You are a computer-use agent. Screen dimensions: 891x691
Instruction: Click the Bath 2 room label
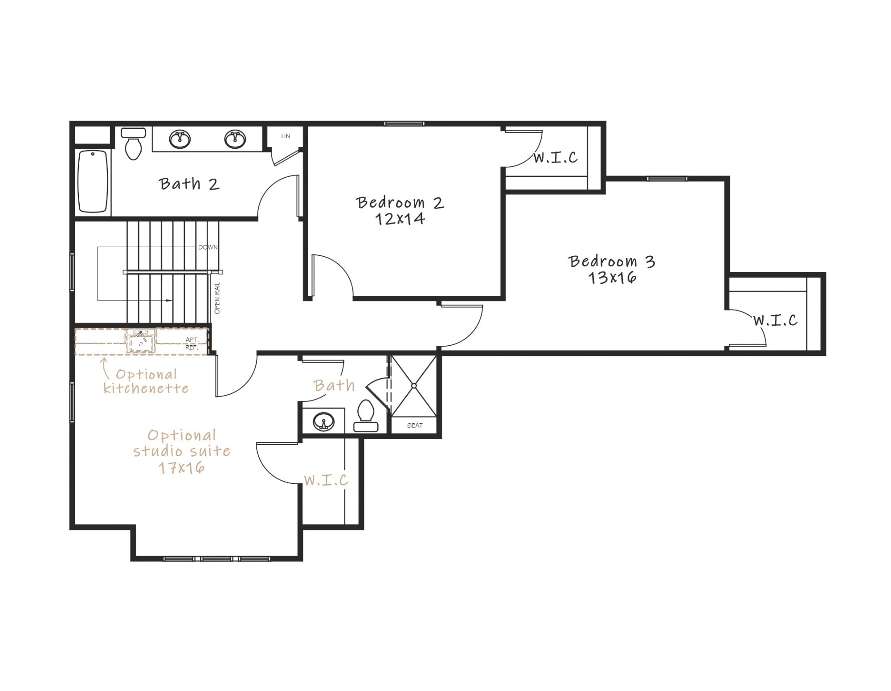pyautogui.click(x=189, y=184)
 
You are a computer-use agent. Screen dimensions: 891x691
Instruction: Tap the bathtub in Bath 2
pyautogui.click(x=93, y=181)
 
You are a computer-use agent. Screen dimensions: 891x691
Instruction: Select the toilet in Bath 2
pyautogui.click(x=134, y=144)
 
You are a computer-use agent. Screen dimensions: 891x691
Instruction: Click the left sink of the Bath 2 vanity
pyautogui.click(x=180, y=139)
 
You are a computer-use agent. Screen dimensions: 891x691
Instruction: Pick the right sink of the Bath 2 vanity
pyautogui.click(x=235, y=139)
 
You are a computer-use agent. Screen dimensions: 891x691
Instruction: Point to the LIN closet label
pyautogui.click(x=286, y=136)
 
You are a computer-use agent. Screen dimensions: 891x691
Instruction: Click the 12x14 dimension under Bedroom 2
pyautogui.click(x=400, y=219)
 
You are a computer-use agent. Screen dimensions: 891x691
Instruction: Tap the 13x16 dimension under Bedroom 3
pyautogui.click(x=612, y=278)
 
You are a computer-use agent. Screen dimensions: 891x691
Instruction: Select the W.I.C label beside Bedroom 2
pyautogui.click(x=556, y=157)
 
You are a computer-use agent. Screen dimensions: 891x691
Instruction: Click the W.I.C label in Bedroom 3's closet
pyautogui.click(x=776, y=320)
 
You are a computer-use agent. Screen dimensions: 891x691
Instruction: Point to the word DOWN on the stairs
pyautogui.click(x=208, y=247)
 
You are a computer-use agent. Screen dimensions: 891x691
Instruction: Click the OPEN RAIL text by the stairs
pyautogui.click(x=217, y=298)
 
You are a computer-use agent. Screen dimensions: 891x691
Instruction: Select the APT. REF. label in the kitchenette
pyautogui.click(x=192, y=343)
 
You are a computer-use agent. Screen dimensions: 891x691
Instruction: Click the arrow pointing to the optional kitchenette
pyautogui.click(x=105, y=368)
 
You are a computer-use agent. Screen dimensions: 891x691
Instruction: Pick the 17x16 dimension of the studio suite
pyautogui.click(x=182, y=468)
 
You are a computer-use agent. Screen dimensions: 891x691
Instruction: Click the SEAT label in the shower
pyautogui.click(x=415, y=425)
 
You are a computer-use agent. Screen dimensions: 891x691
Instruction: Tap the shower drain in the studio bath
pyautogui.click(x=414, y=386)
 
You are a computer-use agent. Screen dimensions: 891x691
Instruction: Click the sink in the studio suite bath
pyautogui.click(x=324, y=421)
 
